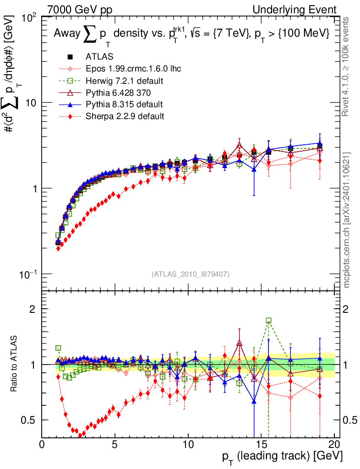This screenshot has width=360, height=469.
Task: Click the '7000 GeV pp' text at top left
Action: point(80,10)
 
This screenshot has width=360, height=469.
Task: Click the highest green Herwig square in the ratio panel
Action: point(269,321)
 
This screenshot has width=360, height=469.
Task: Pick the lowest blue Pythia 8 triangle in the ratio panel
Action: point(254,402)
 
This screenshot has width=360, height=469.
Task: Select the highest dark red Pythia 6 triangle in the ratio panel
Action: point(239,342)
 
